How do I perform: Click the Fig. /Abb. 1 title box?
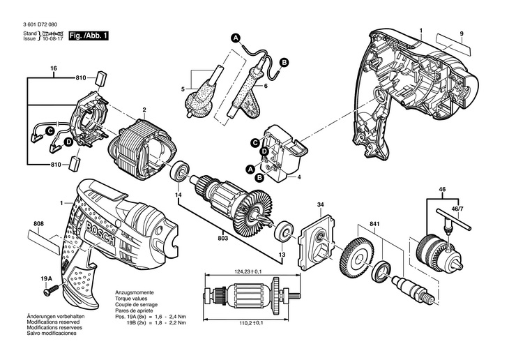89,36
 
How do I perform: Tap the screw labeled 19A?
52,290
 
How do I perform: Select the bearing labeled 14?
178,171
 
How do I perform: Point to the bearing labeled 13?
284,232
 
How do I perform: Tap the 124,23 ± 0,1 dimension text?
248,271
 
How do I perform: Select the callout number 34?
321,204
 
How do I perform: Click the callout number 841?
374,225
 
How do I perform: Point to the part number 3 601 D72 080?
40,24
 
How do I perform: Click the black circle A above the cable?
236,38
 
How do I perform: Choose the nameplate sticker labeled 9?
453,43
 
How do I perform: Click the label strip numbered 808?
44,243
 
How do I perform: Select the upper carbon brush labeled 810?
101,78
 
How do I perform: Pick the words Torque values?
131,299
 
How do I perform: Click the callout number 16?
54,68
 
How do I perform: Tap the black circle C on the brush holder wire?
50,131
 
